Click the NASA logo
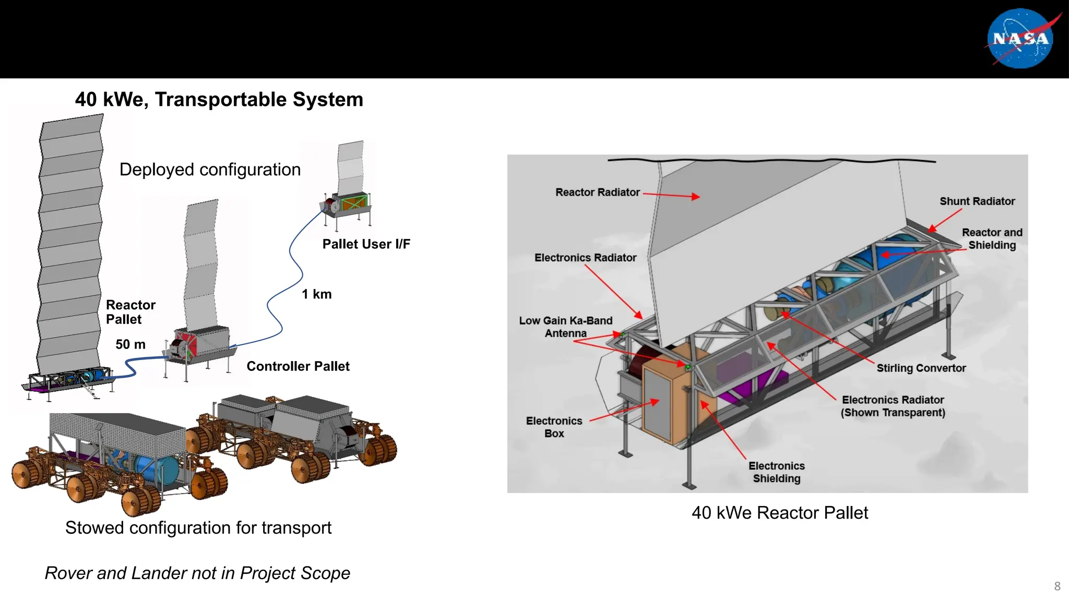tap(1020, 39)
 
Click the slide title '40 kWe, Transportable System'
tap(219, 99)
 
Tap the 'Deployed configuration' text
tap(210, 170)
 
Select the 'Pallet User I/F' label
tap(366, 244)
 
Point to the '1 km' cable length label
tap(316, 294)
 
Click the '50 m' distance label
tap(130, 344)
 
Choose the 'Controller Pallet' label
tap(298, 366)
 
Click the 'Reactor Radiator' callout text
tap(597, 193)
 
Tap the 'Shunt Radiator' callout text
tap(977, 201)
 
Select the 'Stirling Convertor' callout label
tap(921, 368)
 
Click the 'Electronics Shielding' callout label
tap(776, 472)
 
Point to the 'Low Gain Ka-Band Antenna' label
tap(565, 327)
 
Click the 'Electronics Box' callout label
tap(554, 427)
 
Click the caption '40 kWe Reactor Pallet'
tap(779, 513)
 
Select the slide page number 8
tap(1057, 586)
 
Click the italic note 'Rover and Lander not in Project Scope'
tap(197, 573)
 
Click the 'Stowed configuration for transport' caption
tap(198, 528)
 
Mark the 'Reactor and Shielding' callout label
tap(992, 239)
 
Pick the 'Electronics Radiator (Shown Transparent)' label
tap(893, 406)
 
